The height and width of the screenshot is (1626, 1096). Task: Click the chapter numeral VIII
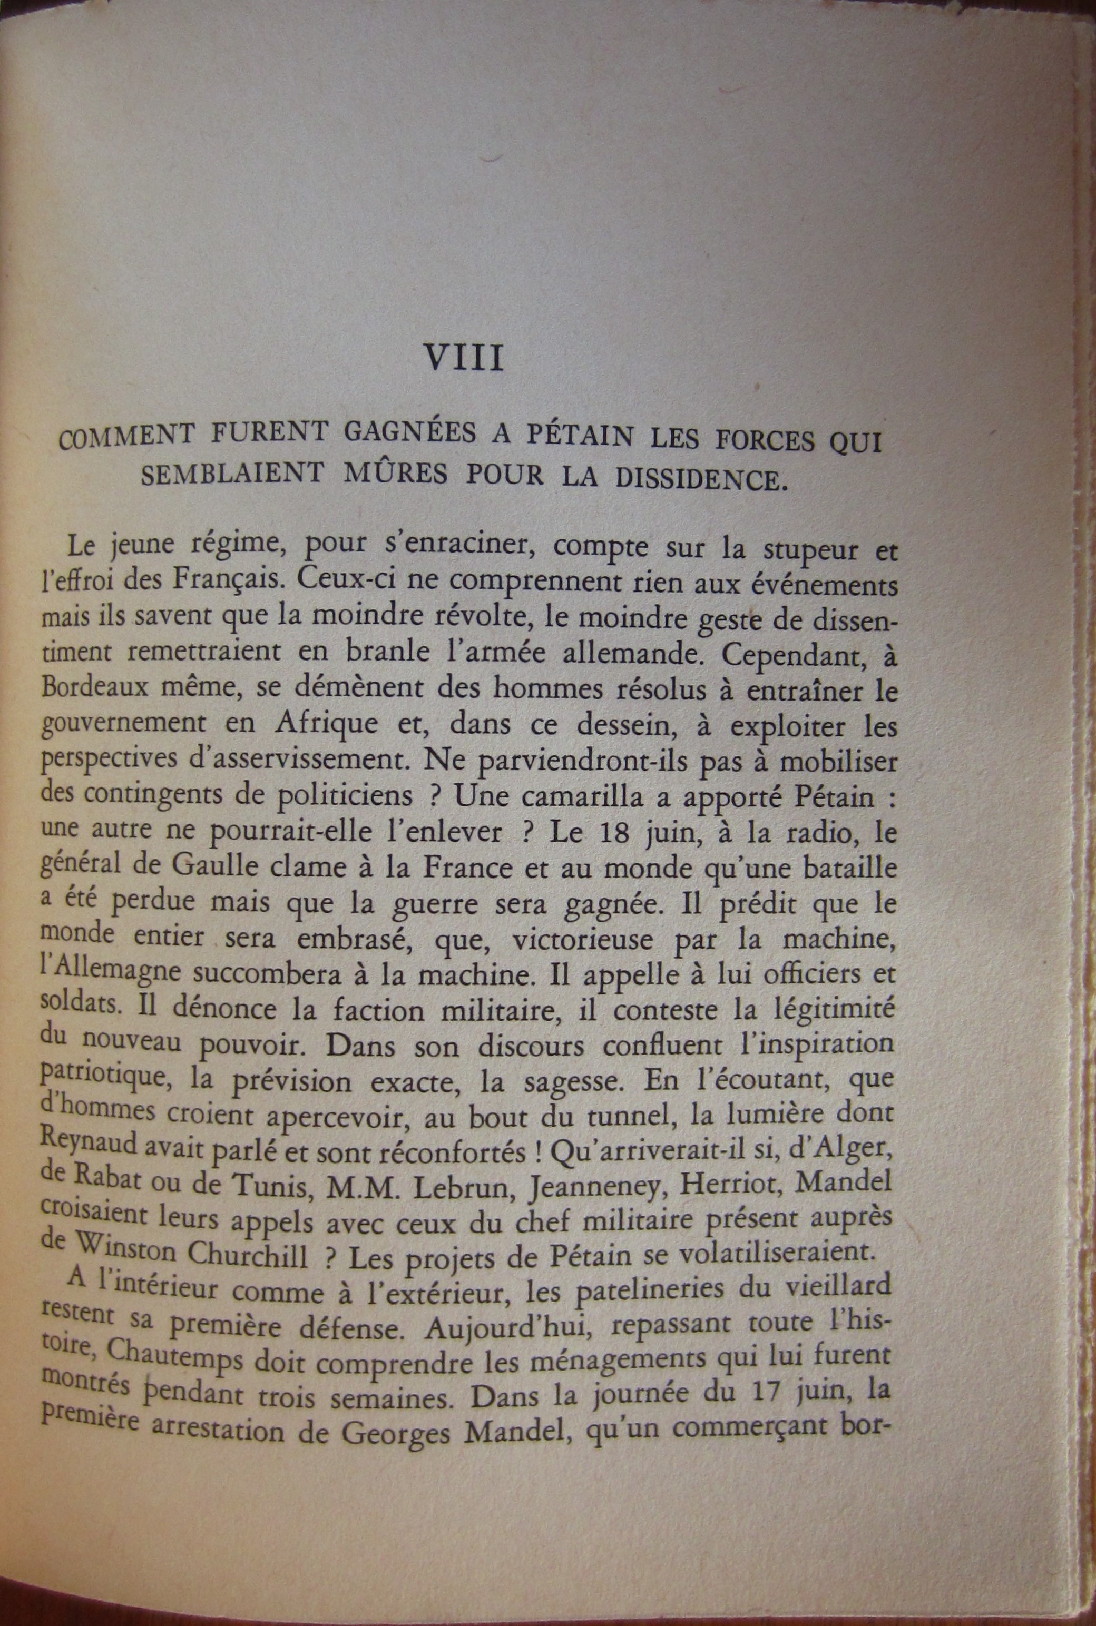click(x=465, y=360)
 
